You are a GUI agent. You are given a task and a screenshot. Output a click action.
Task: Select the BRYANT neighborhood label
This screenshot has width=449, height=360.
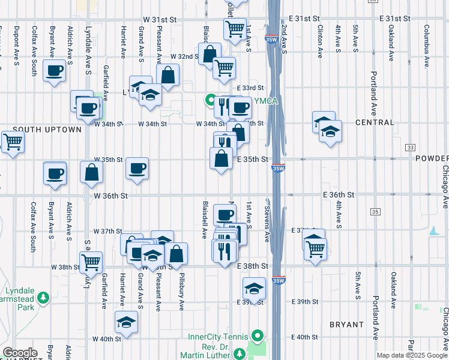[346, 325]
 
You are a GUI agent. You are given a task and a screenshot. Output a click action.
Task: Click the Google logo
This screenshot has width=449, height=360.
[19, 353]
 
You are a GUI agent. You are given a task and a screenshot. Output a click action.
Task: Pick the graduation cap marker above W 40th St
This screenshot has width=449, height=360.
[126, 323]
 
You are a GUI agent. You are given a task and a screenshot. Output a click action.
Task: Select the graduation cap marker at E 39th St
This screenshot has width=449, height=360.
[254, 289]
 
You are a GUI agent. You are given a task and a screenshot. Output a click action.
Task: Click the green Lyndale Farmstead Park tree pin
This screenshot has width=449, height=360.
[43, 297]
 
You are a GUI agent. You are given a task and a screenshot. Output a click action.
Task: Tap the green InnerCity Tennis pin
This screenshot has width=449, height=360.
[258, 336]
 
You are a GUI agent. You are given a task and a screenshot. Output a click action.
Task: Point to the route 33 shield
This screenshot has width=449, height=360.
[411, 148]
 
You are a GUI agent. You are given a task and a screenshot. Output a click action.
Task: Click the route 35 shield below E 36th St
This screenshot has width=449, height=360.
[375, 212]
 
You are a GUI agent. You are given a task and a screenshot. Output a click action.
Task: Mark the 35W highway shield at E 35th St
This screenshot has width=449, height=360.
[277, 169]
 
